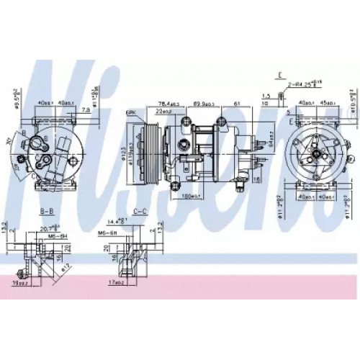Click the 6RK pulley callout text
click(x=131, y=114)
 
